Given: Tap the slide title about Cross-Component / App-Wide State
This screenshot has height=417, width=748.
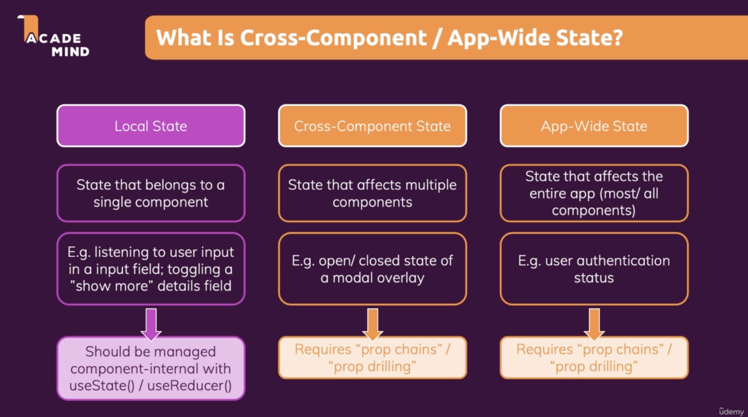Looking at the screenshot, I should point(389,37).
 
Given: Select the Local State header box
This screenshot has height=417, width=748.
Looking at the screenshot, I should point(151,126).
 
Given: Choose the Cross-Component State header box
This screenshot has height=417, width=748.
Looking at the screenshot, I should point(372,126).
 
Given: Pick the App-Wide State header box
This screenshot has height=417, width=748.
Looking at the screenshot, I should point(594,126).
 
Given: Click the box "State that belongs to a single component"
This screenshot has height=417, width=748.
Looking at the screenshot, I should point(151,193).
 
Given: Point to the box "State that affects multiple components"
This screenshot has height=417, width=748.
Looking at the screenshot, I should point(372,193).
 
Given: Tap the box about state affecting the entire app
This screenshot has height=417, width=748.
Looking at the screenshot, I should point(594,193).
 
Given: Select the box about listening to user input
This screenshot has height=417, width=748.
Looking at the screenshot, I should point(151,269).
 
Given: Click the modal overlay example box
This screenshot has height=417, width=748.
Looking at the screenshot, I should point(372,269).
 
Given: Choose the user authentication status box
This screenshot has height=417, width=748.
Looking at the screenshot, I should point(594,269).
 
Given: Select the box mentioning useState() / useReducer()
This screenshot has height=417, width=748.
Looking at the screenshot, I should point(151,369).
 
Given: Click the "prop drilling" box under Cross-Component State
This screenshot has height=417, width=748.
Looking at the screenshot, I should point(372,358).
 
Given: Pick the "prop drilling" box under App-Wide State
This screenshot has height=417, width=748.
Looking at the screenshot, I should point(594,358).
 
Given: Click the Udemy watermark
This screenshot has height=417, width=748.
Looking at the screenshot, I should point(731,412).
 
